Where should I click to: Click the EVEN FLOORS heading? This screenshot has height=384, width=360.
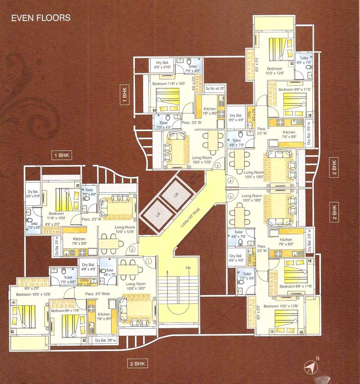41,18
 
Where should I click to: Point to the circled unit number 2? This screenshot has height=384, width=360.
132,250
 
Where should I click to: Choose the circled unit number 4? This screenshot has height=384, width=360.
230,181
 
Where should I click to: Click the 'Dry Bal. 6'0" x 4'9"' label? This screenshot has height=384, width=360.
236,118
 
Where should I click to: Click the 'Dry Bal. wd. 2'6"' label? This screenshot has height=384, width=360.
215,89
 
